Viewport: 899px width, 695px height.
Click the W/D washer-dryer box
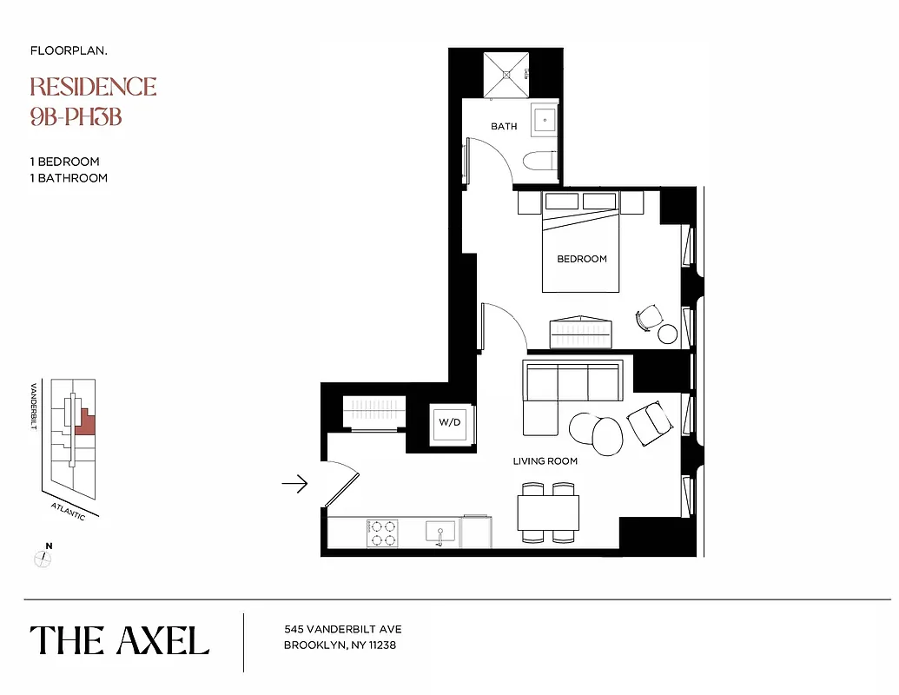(x=450, y=424)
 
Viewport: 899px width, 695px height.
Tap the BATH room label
(x=504, y=127)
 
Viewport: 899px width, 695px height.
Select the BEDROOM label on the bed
(x=582, y=259)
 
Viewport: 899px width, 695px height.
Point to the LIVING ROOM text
(x=545, y=461)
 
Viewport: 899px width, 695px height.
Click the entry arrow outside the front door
(x=295, y=484)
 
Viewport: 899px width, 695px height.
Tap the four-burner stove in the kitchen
(x=382, y=533)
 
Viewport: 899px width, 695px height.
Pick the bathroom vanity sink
(x=545, y=121)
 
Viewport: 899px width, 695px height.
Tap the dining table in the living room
(x=548, y=513)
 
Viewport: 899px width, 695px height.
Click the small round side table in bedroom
(x=667, y=334)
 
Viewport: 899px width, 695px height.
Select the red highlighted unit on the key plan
(x=86, y=423)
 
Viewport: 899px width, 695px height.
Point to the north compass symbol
(x=43, y=559)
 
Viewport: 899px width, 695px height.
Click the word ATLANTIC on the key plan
(x=68, y=511)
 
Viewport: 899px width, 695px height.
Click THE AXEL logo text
(x=120, y=641)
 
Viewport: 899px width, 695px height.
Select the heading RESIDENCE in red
(x=93, y=87)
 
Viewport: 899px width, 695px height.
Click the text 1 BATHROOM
(x=69, y=178)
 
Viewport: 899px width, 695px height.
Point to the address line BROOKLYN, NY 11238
(x=340, y=645)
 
